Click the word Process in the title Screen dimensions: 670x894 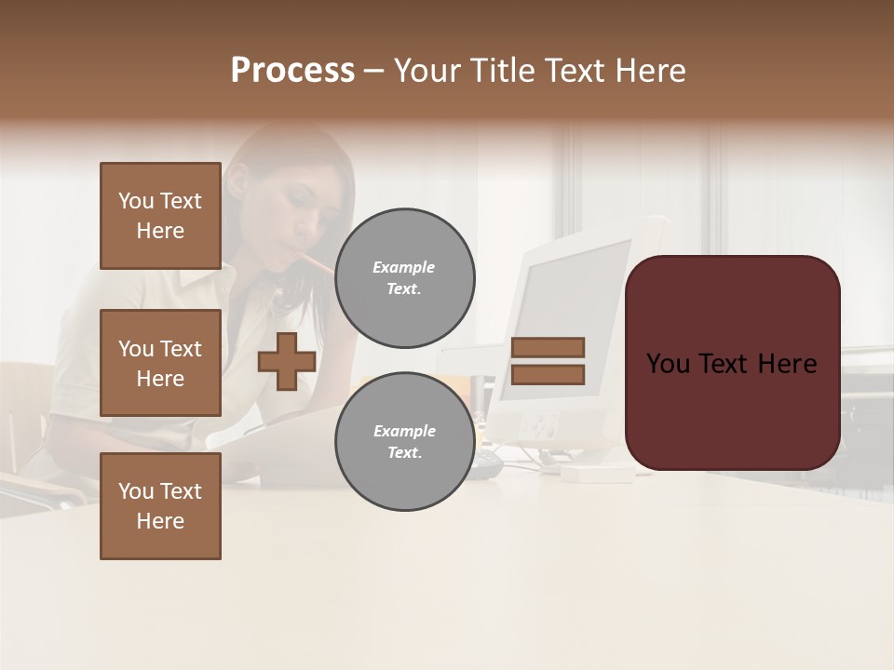pyautogui.click(x=292, y=71)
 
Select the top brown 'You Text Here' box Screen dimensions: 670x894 pyautogui.click(x=160, y=216)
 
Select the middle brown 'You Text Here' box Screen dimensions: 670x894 pyautogui.click(x=160, y=363)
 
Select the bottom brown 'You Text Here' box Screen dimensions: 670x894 pyautogui.click(x=160, y=506)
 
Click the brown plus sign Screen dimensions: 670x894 pyautogui.click(x=287, y=361)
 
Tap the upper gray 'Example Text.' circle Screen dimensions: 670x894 pyautogui.click(x=404, y=278)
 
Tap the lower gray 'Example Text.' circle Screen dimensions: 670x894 pyautogui.click(x=404, y=442)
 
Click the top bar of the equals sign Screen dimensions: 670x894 pyautogui.click(x=548, y=347)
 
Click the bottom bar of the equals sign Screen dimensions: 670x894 pyautogui.click(x=548, y=375)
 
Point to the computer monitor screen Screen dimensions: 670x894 pyautogui.click(x=568, y=316)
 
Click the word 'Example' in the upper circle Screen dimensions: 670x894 pyautogui.click(x=404, y=267)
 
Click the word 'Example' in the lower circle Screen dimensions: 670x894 pyautogui.click(x=404, y=431)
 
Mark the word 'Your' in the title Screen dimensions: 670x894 pyautogui.click(x=426, y=71)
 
